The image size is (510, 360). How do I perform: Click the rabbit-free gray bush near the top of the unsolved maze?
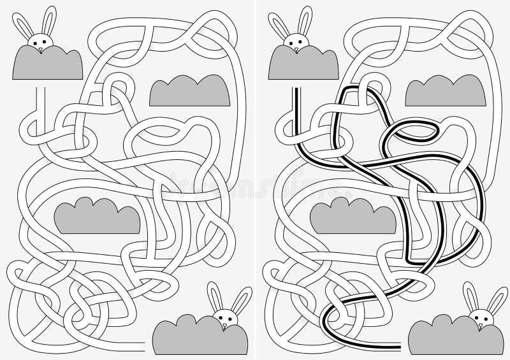[189, 90]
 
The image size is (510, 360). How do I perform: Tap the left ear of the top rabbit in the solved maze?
[279, 25]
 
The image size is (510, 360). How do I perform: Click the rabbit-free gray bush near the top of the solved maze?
[444, 90]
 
